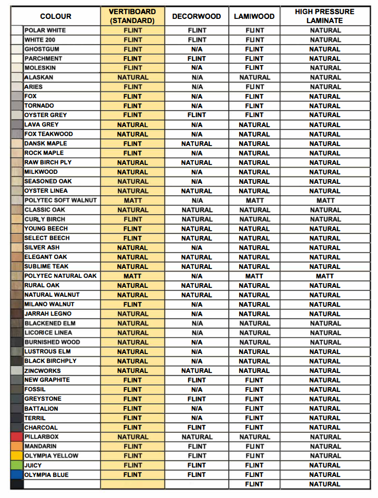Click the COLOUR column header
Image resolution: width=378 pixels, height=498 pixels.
56,16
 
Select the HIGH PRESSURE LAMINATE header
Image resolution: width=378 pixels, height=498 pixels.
324,16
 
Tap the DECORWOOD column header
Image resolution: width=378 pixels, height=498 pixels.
197,16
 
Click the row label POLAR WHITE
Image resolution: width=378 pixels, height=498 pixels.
45,30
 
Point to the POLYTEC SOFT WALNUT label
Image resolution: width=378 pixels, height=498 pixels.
60,200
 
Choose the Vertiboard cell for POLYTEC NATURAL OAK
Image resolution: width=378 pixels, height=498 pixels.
132,276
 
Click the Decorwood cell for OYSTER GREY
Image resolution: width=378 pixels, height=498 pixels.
197,115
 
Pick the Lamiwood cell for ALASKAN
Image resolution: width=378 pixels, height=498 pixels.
254,77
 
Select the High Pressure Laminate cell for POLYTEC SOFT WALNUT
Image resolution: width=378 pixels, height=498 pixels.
325,200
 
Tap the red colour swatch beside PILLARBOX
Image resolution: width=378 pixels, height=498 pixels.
17,437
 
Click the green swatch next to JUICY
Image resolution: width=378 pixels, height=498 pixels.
17,465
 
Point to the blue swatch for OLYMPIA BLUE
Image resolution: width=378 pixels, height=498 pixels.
17,474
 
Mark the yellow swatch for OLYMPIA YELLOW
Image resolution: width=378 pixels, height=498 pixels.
17,455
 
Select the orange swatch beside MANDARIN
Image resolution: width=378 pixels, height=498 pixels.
17,446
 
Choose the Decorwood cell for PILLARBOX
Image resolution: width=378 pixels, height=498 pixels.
197,437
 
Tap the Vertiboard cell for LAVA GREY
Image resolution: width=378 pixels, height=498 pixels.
132,124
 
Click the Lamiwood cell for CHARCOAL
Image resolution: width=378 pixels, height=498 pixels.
254,427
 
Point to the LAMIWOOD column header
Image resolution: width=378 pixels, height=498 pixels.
254,16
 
